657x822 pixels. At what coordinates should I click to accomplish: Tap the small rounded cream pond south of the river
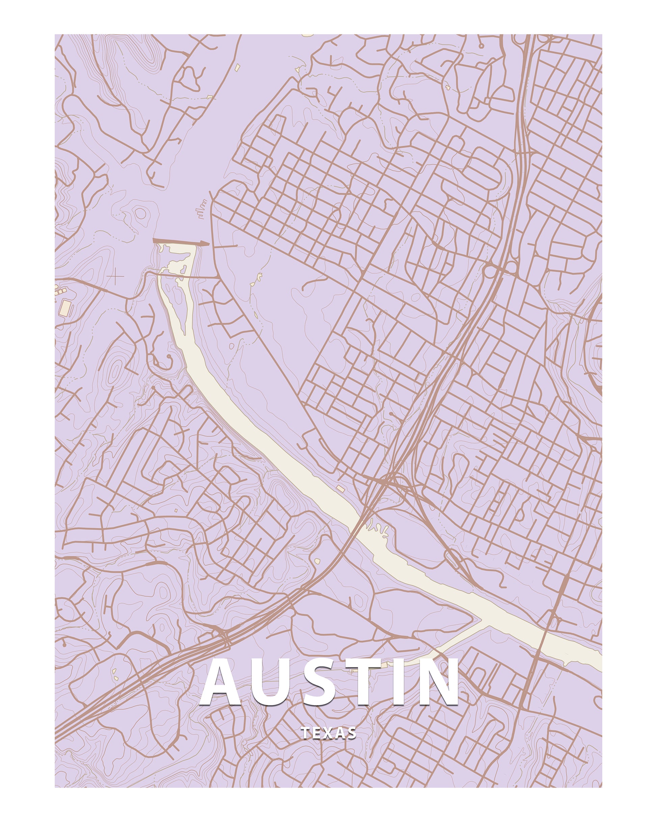317,561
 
